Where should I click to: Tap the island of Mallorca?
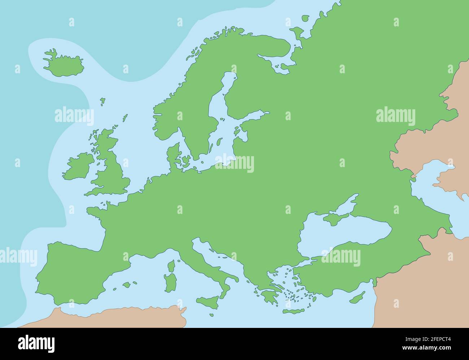tap(127, 285)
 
